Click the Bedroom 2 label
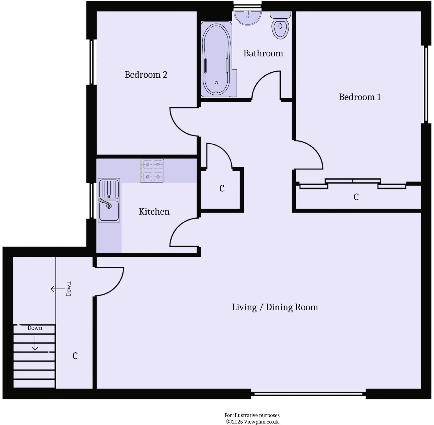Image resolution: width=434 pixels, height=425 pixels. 146,75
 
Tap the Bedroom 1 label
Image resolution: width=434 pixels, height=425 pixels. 359,97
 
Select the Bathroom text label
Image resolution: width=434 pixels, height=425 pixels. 263,53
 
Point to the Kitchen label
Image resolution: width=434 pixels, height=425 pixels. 154,211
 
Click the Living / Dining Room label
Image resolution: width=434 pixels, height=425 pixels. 275,307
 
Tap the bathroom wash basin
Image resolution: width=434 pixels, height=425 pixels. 248,17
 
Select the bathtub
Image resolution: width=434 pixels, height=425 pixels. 216,59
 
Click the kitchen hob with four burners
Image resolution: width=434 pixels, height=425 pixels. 152,171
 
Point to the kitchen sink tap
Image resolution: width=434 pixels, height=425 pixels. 104,202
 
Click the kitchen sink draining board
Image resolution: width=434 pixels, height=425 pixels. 109,188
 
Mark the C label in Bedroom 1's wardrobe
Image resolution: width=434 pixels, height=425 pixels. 356,197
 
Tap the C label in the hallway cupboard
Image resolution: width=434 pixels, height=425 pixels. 222,188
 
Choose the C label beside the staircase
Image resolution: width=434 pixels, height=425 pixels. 75,355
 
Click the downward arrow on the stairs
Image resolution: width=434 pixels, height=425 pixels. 35,344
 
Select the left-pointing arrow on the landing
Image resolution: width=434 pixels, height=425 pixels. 57,289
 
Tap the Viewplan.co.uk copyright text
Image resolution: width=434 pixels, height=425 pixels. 252,422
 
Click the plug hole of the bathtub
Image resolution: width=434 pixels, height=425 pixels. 216,83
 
